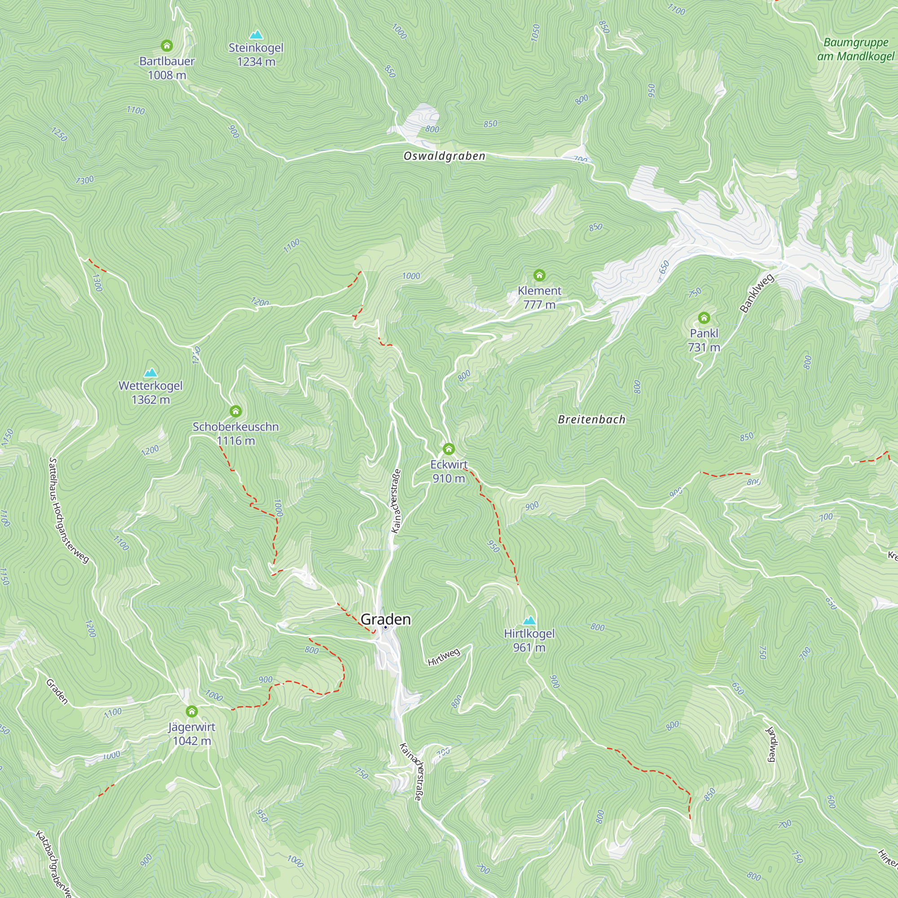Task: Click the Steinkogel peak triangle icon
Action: (256, 35)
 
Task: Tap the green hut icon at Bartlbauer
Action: (167, 45)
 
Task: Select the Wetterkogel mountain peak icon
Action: (150, 373)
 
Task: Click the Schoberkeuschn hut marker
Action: (236, 411)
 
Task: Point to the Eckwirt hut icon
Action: (449, 449)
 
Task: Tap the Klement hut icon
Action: (539, 276)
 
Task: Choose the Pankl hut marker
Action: (704, 318)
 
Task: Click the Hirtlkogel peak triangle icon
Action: (529, 621)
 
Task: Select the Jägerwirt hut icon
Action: (192, 712)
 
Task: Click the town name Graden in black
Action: (385, 620)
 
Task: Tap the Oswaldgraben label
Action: (444, 156)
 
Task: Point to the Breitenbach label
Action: (591, 420)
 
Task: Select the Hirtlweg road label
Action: (444, 657)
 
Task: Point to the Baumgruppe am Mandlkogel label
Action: (856, 49)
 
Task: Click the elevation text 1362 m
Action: (150, 400)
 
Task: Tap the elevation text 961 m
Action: (529, 647)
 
